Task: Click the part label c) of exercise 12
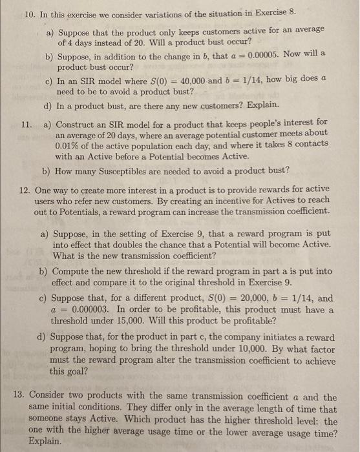44,298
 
